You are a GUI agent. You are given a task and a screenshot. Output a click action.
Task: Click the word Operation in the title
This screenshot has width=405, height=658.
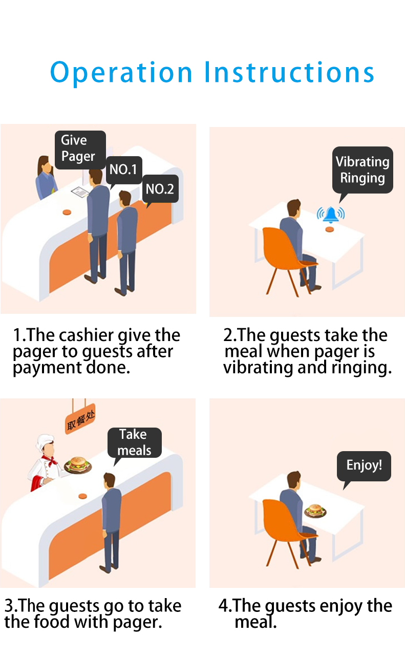point(121,73)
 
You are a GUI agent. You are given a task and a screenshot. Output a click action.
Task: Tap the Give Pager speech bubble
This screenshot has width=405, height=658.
point(79,148)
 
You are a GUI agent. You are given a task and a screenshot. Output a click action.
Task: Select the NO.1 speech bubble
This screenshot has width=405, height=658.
point(123,169)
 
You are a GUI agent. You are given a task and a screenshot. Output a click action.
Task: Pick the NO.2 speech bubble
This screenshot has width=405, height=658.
point(160,189)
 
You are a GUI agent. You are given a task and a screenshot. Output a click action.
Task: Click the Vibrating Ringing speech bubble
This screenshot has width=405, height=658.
point(363,170)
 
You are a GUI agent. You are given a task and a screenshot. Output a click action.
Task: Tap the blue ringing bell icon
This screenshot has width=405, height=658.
point(330,214)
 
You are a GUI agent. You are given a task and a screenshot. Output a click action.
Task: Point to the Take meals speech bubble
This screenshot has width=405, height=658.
point(134,442)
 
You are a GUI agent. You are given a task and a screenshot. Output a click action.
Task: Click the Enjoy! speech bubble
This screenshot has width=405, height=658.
point(364,465)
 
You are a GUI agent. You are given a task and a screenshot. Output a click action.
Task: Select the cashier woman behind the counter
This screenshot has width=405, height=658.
point(46,179)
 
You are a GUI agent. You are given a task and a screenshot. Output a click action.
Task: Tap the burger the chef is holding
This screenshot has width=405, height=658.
point(78,463)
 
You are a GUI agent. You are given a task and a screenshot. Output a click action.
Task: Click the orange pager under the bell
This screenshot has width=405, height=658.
point(330,229)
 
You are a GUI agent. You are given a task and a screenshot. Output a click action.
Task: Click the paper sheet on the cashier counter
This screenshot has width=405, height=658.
point(81,192)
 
